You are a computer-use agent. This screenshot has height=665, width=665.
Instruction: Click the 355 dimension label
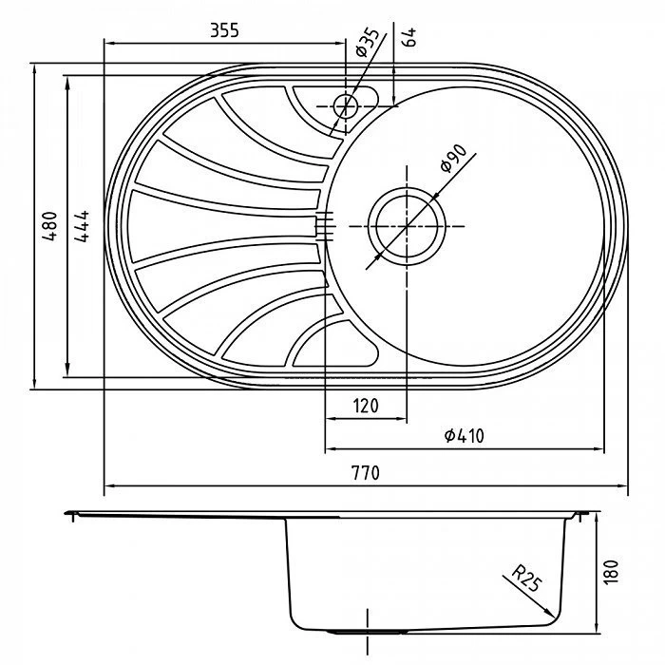[x=224, y=30]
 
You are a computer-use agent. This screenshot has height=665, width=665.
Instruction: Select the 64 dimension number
[x=409, y=37]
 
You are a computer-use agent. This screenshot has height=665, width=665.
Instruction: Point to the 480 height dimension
[x=49, y=226]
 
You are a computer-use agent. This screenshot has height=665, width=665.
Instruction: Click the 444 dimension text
[x=82, y=226]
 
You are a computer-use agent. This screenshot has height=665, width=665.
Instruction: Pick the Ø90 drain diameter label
[x=453, y=159]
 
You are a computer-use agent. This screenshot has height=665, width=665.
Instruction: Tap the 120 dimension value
[x=366, y=406]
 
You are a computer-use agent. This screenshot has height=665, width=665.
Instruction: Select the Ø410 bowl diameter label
[x=464, y=435]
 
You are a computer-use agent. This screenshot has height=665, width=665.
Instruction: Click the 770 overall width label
[x=366, y=472]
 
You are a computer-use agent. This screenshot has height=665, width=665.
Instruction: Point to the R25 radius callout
[x=526, y=579]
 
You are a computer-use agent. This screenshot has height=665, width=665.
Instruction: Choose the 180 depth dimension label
[x=611, y=573]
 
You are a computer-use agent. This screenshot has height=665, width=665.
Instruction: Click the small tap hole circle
[x=346, y=106]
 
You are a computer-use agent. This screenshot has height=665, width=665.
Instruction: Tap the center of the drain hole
[x=407, y=226]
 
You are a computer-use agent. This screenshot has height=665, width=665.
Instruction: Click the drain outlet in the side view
[x=368, y=632]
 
